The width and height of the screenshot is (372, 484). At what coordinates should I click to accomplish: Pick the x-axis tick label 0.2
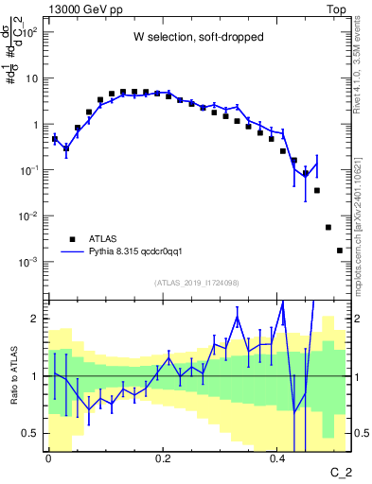tap(163, 457)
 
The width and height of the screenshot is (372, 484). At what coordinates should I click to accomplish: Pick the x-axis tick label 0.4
tap(277, 457)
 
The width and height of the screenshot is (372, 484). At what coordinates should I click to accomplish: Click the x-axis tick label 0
tap(48, 457)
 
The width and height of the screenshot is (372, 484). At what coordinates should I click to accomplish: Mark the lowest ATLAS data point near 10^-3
tap(340, 251)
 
